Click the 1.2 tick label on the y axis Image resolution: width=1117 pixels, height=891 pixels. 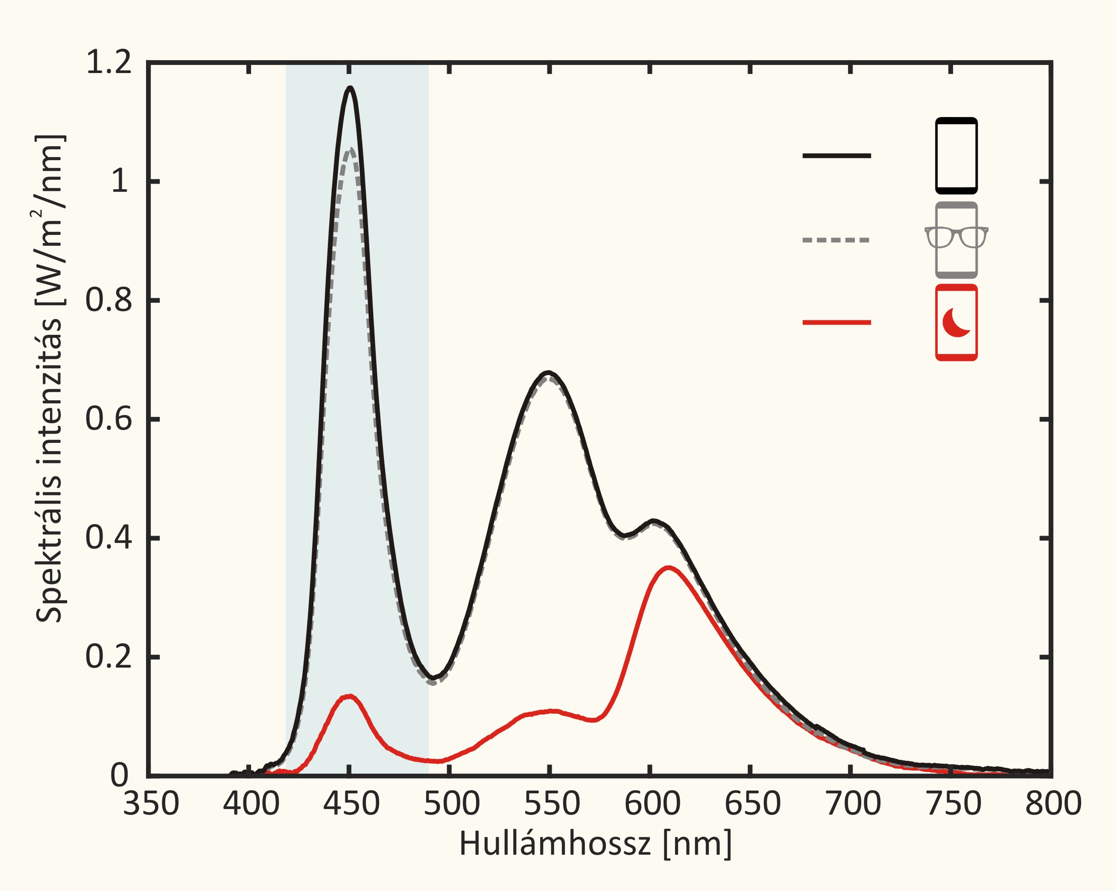(x=109, y=63)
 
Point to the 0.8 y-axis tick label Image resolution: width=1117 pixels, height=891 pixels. (x=109, y=300)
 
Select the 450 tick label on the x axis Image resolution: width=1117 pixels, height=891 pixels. (x=351, y=804)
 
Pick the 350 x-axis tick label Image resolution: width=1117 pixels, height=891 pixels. (x=151, y=804)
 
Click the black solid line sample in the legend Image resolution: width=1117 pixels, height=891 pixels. (x=836, y=155)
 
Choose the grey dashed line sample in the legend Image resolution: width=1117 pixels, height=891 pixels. (x=836, y=240)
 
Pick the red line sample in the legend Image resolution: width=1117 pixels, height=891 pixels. (x=836, y=322)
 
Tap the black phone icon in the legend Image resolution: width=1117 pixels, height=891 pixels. (x=956, y=155)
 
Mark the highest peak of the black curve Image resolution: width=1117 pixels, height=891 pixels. (x=350, y=88)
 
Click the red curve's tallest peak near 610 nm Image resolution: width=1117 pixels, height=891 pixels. (x=669, y=568)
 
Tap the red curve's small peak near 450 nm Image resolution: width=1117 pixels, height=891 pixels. (x=349, y=697)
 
